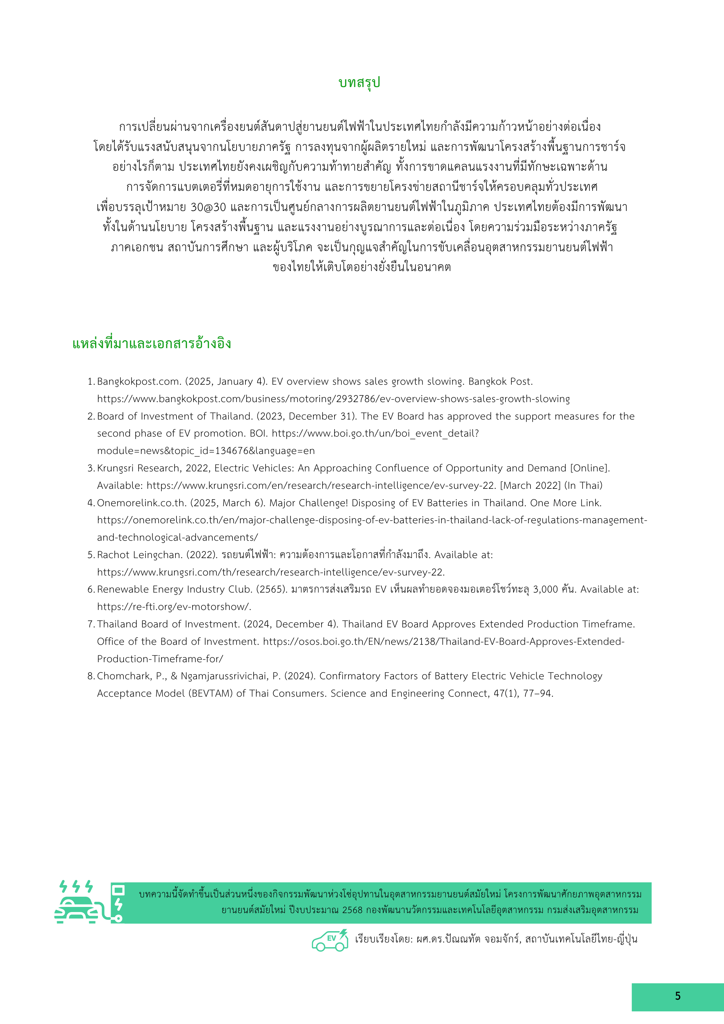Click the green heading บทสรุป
tap(359, 83)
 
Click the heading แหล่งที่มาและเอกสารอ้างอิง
tap(152, 343)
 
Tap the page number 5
tap(678, 996)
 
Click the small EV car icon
tap(330, 938)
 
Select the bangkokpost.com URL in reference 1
tap(333, 399)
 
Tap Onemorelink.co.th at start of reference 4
tap(141, 503)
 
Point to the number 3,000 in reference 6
tap(545, 589)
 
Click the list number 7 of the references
tap(90, 624)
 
